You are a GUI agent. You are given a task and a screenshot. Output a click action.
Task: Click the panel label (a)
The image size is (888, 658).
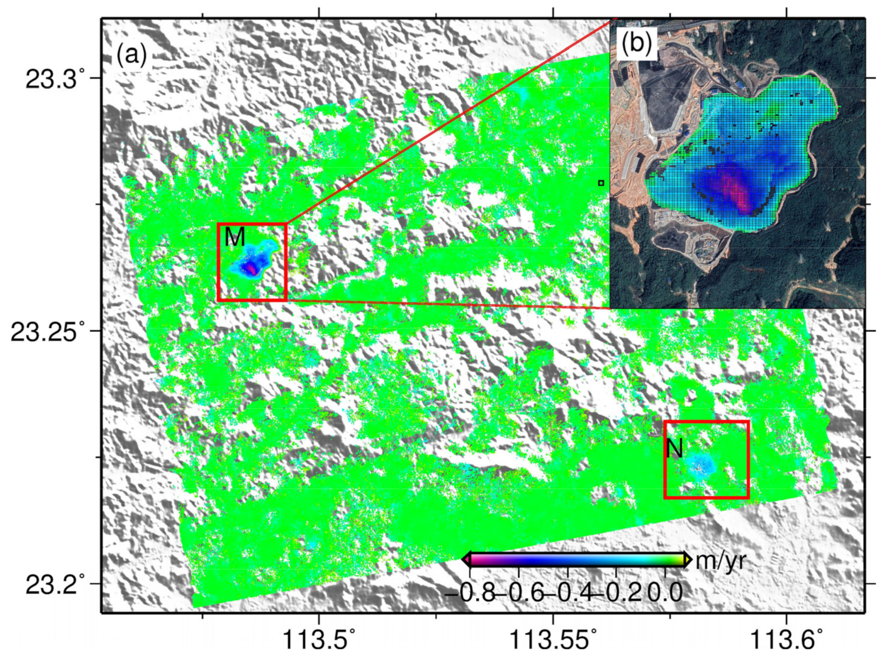131,56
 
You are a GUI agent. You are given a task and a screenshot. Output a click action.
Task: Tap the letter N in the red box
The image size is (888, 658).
675,449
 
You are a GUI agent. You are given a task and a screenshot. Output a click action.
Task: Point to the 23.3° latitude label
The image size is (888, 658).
56,78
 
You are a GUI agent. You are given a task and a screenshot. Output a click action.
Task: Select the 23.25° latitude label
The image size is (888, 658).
48,331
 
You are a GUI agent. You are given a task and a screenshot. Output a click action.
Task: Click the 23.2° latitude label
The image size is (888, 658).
56,584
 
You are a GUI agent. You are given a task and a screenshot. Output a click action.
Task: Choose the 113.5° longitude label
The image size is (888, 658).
319,642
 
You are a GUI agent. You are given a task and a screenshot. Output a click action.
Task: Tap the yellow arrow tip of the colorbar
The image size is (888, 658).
688,560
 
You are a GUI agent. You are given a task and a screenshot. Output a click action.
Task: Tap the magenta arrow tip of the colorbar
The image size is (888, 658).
466,560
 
